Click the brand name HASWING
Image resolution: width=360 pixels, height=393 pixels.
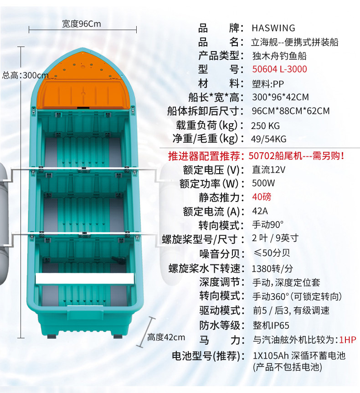pyautogui.click(x=273, y=28)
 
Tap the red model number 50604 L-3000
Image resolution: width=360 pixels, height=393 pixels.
pyautogui.click(x=279, y=70)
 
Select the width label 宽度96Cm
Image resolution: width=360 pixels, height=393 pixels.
pyautogui.click(x=82, y=24)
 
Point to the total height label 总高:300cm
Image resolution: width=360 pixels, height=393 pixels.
pyautogui.click(x=26, y=75)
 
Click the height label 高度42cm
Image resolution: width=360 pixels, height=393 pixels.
pyautogui.click(x=166, y=337)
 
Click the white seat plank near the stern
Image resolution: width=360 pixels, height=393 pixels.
pyautogui.click(x=85, y=279)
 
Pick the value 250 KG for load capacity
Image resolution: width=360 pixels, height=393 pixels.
pyautogui.click(x=266, y=125)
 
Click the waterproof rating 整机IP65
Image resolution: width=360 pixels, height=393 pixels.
pyautogui.click(x=271, y=326)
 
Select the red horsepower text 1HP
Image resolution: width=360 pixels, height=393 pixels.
pyautogui.click(x=348, y=340)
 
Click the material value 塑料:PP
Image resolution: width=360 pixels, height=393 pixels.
pyautogui.click(x=267, y=84)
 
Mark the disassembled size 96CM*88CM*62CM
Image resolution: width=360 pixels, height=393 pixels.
pyautogui.click(x=290, y=111)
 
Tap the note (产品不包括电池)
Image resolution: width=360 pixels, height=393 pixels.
pyautogui.click(x=287, y=367)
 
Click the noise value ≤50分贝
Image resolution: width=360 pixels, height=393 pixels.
pyautogui.click(x=272, y=253)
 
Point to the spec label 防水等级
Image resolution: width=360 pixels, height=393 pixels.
pyautogui.click(x=219, y=326)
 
